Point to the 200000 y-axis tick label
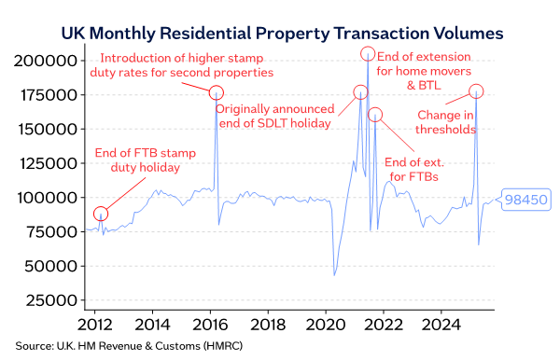45,61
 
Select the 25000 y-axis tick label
49,300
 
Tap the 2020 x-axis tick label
326,326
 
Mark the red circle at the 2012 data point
101,214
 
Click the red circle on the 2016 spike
217,92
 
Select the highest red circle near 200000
368,53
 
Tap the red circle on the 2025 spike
476,90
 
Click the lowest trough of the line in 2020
334,275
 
